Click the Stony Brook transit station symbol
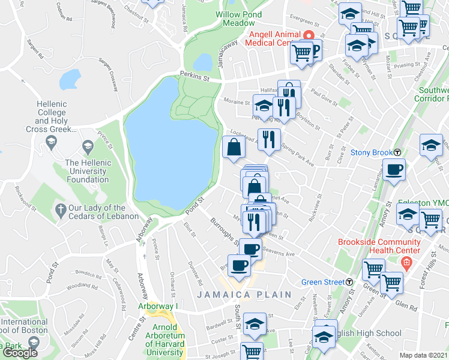coord(397,152)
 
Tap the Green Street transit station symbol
coord(349,282)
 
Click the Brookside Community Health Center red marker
coord(406,262)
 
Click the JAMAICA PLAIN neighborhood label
coord(244,295)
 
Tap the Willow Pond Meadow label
coord(235,18)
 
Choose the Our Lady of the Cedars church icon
coord(59,209)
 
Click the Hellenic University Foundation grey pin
coord(88,146)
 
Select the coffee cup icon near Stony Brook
coord(394,170)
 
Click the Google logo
coord(20,353)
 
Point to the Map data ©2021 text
coord(424,355)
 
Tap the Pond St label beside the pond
coord(196,204)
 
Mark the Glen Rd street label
coord(406,306)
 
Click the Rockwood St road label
coord(27,197)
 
